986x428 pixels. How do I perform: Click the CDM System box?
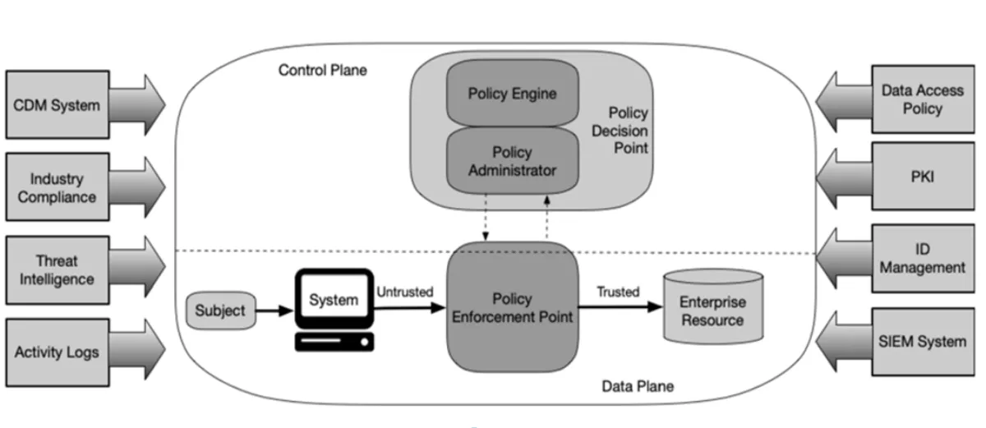click(58, 104)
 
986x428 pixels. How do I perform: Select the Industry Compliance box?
click(58, 187)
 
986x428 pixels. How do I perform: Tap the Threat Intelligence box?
click(58, 269)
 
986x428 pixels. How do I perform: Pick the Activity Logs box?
click(58, 352)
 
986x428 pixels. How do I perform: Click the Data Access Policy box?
click(923, 99)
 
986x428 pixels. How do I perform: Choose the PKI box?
click(923, 176)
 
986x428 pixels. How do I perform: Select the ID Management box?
click(923, 258)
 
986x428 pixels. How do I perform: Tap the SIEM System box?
click(923, 342)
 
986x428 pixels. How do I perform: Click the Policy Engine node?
click(513, 94)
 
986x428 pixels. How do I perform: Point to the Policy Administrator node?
click(513, 161)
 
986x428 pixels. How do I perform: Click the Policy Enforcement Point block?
click(513, 307)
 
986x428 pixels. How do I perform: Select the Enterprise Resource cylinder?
click(713, 306)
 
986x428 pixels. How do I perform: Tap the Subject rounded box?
click(220, 311)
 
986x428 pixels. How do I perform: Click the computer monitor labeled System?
click(334, 299)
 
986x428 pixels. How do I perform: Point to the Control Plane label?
click(323, 71)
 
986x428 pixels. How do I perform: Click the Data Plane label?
click(638, 386)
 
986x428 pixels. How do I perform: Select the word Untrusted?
click(405, 292)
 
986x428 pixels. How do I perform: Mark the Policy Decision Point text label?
click(620, 130)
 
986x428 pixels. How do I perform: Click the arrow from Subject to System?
click(274, 311)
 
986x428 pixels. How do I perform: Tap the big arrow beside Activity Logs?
click(137, 350)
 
